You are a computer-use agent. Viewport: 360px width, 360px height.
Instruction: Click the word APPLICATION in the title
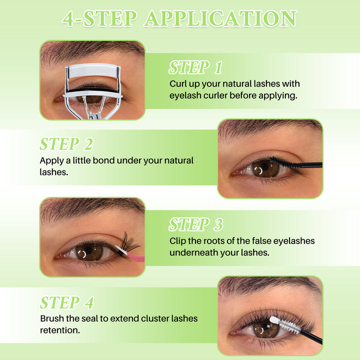click(220, 19)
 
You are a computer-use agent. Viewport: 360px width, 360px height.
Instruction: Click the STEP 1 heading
click(195, 67)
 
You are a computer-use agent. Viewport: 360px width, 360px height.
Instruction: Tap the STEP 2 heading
click(66, 144)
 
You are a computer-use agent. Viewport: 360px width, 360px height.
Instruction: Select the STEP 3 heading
click(195, 224)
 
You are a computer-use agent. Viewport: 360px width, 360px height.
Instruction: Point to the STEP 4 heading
click(66, 302)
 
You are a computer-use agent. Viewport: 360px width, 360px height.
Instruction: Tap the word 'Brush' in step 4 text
click(52, 318)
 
